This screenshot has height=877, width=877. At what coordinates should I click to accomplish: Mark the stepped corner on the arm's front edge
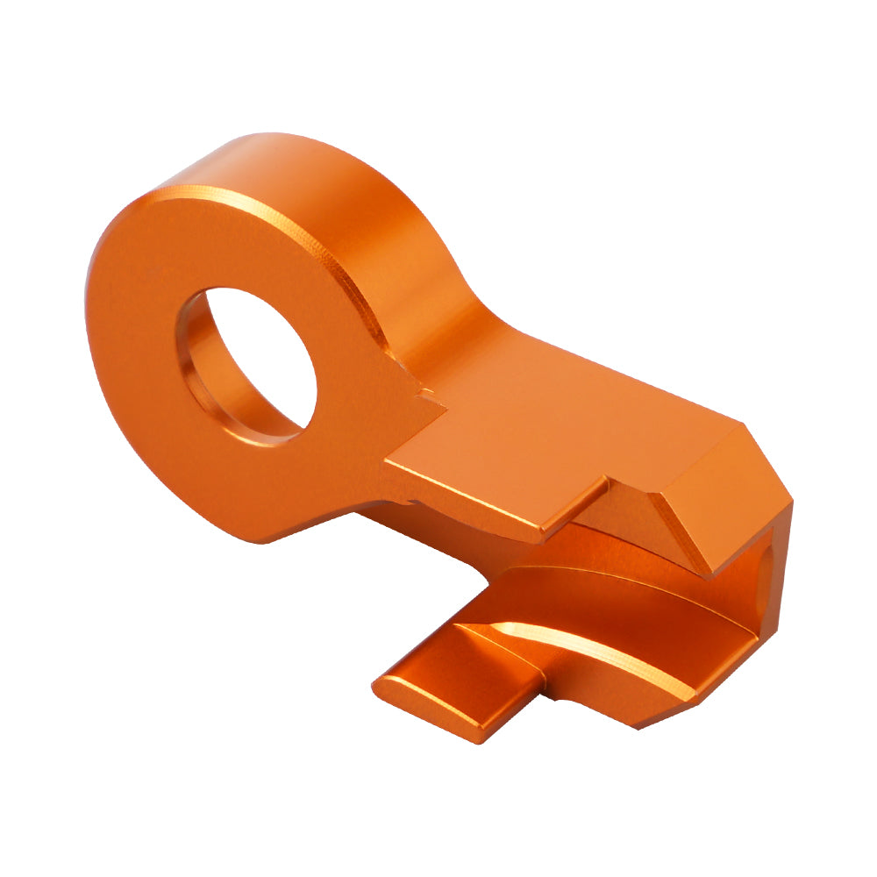[605, 482]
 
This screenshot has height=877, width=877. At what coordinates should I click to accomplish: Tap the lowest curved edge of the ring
[254, 539]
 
